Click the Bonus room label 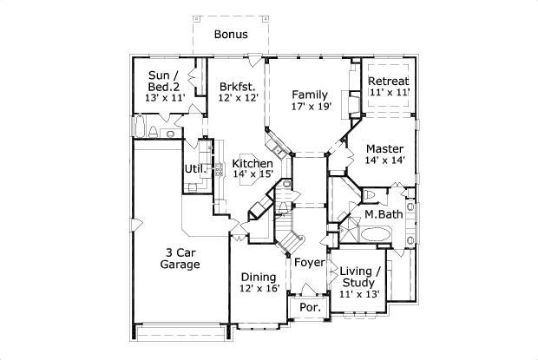click(x=232, y=36)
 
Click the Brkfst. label click(x=237, y=87)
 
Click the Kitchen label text click(x=253, y=163)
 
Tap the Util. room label click(x=192, y=168)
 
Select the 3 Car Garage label click(x=180, y=258)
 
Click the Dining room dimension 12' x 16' click(x=259, y=289)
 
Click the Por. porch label click(x=310, y=308)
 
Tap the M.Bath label click(x=381, y=214)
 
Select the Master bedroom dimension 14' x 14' click(x=384, y=160)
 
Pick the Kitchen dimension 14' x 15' click(x=253, y=174)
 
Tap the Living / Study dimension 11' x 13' click(x=360, y=294)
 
